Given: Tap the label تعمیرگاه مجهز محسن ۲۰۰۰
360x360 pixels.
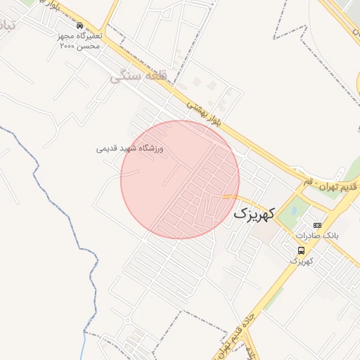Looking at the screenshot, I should click(x=80, y=40).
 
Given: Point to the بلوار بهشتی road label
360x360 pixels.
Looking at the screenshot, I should click(x=210, y=113).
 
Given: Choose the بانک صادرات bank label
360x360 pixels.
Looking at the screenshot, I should click(x=317, y=236).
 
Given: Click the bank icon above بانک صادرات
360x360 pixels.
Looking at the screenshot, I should click(x=317, y=225).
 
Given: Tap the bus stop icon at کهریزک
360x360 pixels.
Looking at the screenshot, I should click(x=302, y=250).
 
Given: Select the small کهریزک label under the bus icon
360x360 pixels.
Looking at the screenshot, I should click(x=302, y=260).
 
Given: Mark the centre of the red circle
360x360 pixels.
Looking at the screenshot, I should click(x=180, y=179).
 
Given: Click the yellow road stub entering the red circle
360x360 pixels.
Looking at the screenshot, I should click(x=231, y=196).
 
